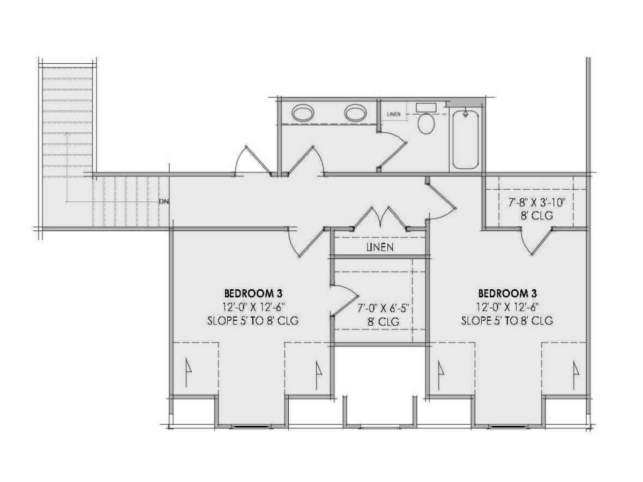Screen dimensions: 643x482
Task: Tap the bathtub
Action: [466, 140]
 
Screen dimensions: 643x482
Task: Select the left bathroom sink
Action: [303, 113]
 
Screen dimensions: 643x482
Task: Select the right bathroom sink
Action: [355, 113]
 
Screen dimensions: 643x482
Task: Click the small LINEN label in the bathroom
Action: [393, 114]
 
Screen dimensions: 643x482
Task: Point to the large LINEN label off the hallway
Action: [380, 247]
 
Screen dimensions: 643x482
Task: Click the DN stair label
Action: [164, 202]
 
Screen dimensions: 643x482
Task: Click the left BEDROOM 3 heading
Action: [253, 293]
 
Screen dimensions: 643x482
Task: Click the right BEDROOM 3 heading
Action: [507, 293]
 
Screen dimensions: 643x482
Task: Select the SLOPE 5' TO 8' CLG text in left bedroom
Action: [253, 321]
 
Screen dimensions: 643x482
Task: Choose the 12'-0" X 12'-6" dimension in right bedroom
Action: [507, 307]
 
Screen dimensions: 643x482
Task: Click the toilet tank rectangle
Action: [426, 108]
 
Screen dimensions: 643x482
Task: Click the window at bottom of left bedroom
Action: [252, 427]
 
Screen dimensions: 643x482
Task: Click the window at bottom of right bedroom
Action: [508, 427]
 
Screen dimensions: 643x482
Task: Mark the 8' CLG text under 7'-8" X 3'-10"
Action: [537, 216]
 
